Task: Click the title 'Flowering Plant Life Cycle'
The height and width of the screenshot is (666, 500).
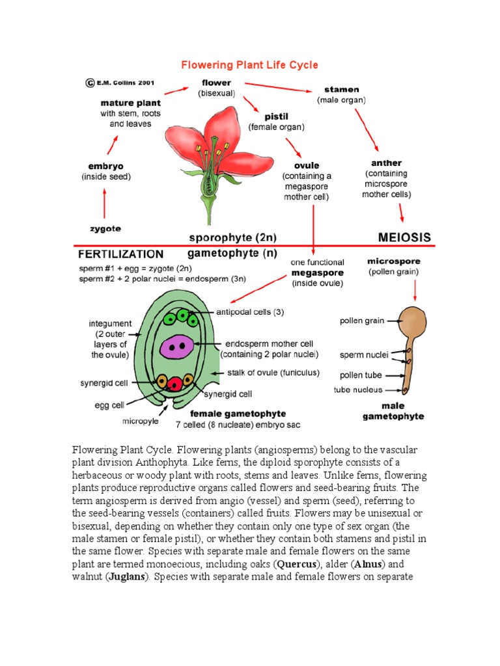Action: tap(250, 64)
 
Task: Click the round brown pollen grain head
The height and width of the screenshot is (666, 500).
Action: tap(414, 320)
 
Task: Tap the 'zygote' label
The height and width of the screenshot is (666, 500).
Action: tap(105, 228)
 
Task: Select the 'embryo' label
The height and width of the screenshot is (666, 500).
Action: tap(105, 166)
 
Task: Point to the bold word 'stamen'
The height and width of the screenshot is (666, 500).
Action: tap(341, 89)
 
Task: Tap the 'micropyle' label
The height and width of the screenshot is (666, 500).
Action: tap(140, 421)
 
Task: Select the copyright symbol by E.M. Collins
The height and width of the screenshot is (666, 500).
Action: tap(89, 83)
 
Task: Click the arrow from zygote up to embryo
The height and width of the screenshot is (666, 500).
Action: tap(104, 202)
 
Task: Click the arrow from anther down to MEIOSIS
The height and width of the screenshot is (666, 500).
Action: tap(402, 213)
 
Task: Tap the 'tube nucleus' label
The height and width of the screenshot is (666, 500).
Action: tap(358, 390)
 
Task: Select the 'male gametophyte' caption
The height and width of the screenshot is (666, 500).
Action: tap(393, 411)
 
